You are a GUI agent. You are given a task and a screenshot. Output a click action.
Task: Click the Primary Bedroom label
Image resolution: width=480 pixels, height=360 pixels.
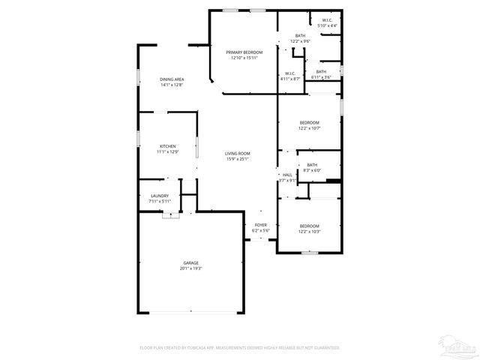pos(244,52)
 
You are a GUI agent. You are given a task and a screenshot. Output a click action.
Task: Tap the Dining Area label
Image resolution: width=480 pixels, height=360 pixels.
pos(172,79)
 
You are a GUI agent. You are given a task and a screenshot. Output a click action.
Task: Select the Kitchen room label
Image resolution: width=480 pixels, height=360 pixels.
pos(167,145)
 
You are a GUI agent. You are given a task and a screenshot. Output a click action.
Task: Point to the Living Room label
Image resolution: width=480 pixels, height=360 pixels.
pos(237,154)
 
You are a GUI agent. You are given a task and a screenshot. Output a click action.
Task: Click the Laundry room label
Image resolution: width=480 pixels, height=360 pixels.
pos(160,196)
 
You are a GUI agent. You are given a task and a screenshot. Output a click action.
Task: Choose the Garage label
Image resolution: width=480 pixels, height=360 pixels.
pos(191,262)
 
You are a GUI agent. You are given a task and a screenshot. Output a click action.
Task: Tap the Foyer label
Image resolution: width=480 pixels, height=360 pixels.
pos(261,225)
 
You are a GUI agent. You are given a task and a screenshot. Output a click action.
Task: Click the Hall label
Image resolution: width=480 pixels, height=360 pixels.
pos(287,175)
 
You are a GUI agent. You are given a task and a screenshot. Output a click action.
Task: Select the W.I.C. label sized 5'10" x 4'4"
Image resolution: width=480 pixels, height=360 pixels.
pos(328,20)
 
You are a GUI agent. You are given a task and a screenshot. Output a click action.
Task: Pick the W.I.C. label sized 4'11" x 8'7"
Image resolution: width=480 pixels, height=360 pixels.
pos(290,73)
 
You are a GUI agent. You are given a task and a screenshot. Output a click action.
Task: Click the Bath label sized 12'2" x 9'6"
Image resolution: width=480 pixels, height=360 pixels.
pos(300,36)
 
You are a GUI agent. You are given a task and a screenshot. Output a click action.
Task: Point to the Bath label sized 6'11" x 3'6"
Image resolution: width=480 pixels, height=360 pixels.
pos(321,71)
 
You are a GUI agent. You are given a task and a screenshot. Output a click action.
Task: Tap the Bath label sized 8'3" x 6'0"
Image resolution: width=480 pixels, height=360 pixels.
pos(311,165)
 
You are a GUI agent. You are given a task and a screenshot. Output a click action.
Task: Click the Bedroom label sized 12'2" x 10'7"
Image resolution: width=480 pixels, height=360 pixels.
pos(310,122)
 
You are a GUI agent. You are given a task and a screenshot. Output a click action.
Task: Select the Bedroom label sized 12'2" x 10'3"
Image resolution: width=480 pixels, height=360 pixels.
pos(310,226)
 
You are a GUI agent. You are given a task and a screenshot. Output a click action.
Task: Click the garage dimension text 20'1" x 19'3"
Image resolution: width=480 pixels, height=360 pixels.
pos(191,268)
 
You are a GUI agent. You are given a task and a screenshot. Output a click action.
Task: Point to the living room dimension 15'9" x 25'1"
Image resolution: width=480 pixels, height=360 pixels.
pos(237,159)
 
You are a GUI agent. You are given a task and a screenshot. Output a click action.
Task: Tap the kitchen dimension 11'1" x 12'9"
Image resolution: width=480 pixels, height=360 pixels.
pos(167,151)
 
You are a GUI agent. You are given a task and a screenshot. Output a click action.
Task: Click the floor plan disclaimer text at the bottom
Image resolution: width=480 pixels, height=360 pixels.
pos(240,347)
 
